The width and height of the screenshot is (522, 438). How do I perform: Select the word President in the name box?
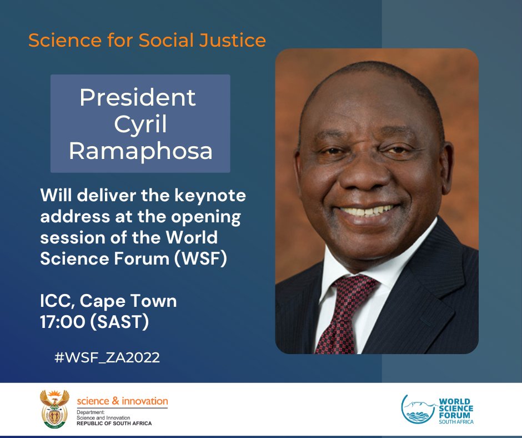coord(138,98)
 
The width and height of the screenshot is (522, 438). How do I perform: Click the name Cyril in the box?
coord(140,125)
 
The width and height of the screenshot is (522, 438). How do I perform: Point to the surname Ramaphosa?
coord(140,151)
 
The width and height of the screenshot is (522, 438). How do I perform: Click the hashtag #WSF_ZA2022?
coord(107,357)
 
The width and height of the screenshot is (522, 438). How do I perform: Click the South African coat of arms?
coord(54,409)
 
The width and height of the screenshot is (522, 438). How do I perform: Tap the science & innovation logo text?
coord(122,401)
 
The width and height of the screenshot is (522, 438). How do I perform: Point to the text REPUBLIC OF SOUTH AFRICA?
coord(114,424)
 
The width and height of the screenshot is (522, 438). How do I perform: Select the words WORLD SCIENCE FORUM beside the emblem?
coord(454,409)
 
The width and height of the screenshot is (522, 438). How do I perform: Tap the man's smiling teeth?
coord(367,212)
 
